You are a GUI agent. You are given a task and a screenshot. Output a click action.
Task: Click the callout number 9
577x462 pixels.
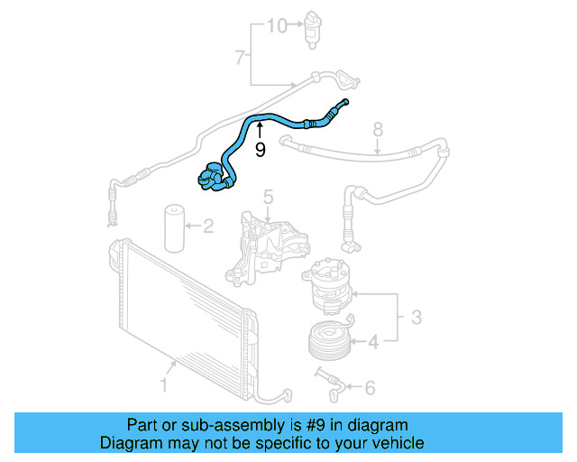[261, 150]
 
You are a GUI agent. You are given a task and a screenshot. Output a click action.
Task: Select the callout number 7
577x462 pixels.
[240, 59]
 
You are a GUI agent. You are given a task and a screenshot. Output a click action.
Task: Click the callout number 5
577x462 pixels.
[268, 197]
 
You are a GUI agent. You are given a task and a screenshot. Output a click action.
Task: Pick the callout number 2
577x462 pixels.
[207, 226]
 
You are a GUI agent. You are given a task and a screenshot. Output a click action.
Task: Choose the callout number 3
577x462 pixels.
[417, 317]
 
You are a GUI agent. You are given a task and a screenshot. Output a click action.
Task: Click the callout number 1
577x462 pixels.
[164, 386]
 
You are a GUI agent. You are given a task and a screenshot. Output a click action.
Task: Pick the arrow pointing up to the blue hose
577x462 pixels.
[260, 133]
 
